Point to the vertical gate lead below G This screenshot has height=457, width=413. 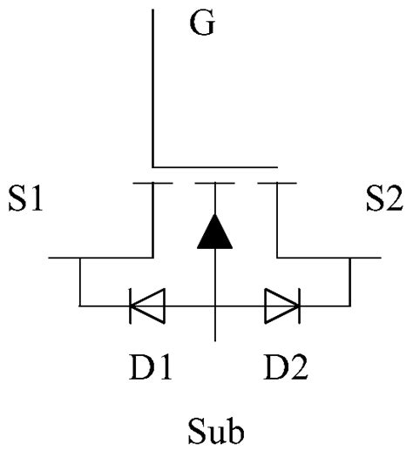pos(152,87)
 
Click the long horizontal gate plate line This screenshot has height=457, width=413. pos(214,166)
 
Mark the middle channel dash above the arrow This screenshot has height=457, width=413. pos(214,184)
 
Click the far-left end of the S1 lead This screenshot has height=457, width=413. pos(51,259)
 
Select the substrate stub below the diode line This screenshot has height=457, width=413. pos(214,324)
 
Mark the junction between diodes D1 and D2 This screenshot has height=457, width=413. pos(214,306)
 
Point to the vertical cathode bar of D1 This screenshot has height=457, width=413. pos(130,306)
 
